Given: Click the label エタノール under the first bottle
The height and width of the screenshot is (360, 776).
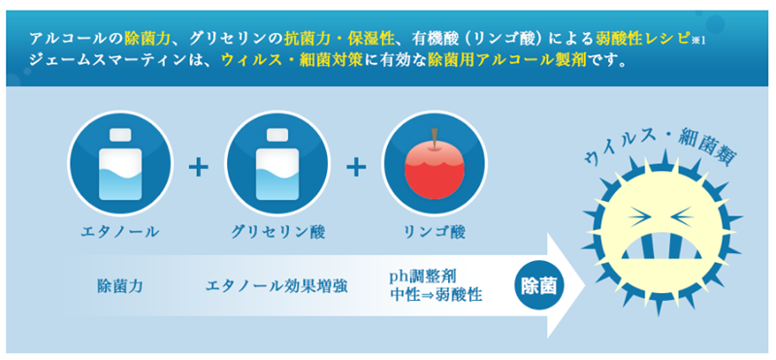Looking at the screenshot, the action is pyautogui.click(x=119, y=232).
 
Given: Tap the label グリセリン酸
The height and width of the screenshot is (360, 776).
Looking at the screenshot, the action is pyautogui.click(x=278, y=232).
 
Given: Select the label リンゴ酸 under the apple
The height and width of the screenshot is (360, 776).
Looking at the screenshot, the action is pyautogui.click(x=435, y=232).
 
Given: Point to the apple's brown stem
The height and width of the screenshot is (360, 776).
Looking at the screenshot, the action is pyautogui.click(x=435, y=139).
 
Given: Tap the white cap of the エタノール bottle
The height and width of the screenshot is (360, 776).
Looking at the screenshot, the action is pyautogui.click(x=120, y=135).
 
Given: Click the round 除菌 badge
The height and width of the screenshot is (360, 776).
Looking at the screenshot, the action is pyautogui.click(x=538, y=285).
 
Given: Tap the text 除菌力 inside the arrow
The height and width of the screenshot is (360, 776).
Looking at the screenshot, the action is pyautogui.click(x=120, y=286).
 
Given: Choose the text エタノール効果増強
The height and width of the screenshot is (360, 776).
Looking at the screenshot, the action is pyautogui.click(x=276, y=286).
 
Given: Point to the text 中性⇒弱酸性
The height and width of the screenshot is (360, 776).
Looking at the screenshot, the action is pyautogui.click(x=436, y=295).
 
